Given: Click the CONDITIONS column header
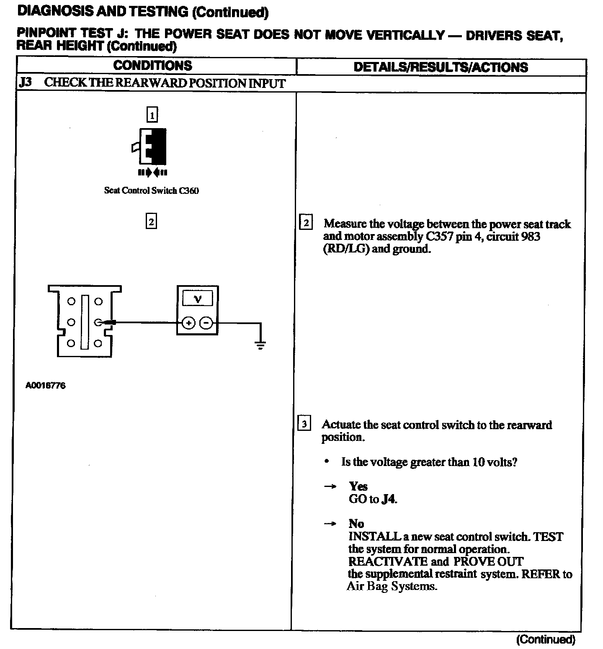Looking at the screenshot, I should pyautogui.click(x=152, y=66).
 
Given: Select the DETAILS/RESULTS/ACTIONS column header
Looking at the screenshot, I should pyautogui.click(x=441, y=67).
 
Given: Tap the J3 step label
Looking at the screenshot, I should pyautogui.click(x=25, y=82).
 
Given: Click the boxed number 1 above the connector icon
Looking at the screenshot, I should pyautogui.click(x=152, y=115).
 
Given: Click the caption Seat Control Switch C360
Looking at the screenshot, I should pyautogui.click(x=151, y=191).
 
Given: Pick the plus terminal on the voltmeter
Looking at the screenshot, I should pyautogui.click(x=189, y=323).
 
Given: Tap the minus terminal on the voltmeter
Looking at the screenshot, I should pyautogui.click(x=206, y=323).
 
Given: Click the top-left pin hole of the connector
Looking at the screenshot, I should pyautogui.click(x=71, y=301).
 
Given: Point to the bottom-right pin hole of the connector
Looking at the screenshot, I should pyautogui.click(x=98, y=343).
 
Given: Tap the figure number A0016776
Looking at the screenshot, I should pyautogui.click(x=45, y=386).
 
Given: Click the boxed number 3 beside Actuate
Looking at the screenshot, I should pyautogui.click(x=304, y=424).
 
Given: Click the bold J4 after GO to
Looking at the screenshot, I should pyautogui.click(x=389, y=499).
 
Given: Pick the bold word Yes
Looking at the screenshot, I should pyautogui.click(x=358, y=486).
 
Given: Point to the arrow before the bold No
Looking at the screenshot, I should pyautogui.click(x=331, y=524).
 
